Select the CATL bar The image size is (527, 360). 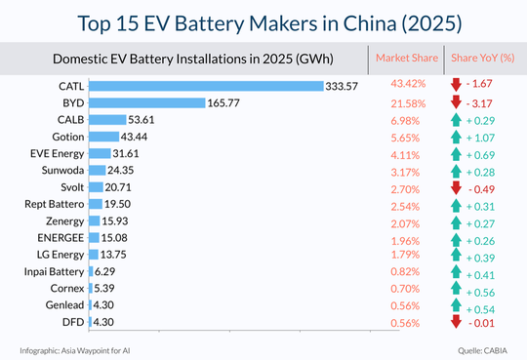206,86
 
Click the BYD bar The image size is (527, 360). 146,102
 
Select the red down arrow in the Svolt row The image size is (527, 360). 456,187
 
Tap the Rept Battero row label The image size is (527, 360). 53,204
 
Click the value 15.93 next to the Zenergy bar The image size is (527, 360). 119,220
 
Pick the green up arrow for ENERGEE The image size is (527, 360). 456,238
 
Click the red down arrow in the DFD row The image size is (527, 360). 456,323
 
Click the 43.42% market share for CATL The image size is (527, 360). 399,86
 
